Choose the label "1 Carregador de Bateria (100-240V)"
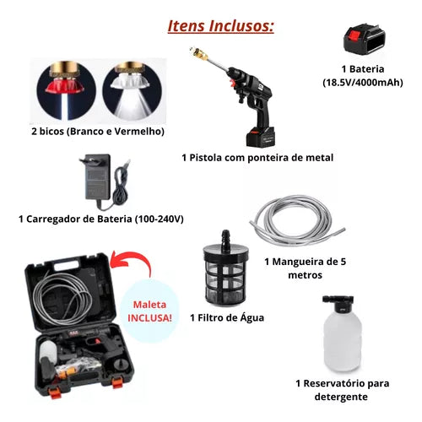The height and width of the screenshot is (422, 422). coord(100,219)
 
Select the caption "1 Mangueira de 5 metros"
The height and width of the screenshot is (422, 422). coord(306,268)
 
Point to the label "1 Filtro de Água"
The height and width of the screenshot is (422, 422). coord(226,317)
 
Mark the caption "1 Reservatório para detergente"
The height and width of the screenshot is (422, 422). coord(344,389)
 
